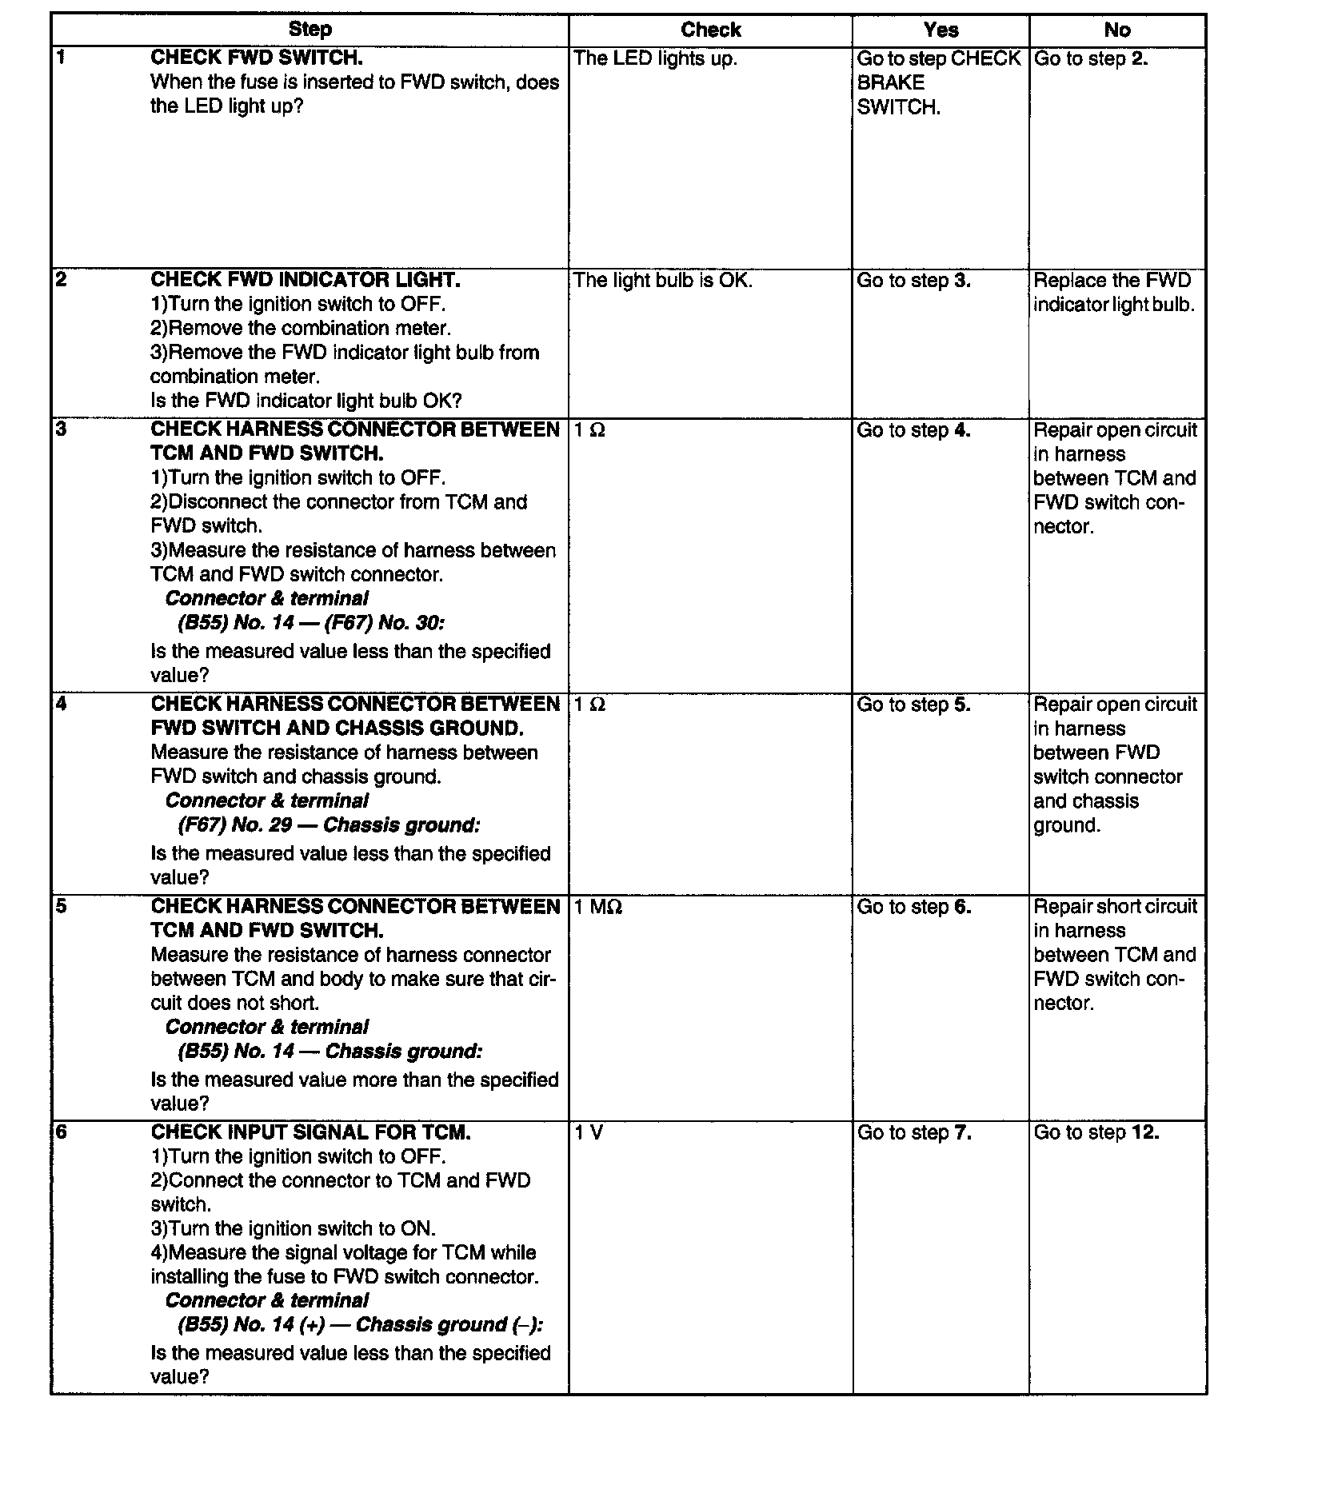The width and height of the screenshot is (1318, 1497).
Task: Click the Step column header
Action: (x=310, y=30)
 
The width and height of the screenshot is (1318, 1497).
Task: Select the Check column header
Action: (x=710, y=30)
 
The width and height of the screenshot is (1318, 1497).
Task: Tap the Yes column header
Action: (x=941, y=30)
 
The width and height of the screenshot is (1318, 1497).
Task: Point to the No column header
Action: (x=1116, y=30)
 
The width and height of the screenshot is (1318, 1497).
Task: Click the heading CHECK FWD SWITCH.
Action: (x=256, y=58)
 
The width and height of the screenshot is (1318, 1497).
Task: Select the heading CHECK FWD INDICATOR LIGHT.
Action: (x=305, y=280)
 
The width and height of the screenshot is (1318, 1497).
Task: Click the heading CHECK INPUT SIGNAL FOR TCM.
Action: (x=310, y=1132)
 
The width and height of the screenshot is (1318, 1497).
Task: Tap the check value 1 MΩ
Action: (x=598, y=907)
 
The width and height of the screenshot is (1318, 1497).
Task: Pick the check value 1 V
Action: (x=589, y=1133)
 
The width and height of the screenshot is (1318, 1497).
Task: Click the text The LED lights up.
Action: (x=655, y=58)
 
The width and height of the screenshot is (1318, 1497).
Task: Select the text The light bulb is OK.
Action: (x=663, y=281)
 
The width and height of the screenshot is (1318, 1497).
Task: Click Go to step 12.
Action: (x=1096, y=1133)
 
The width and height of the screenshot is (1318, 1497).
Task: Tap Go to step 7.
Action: (x=914, y=1133)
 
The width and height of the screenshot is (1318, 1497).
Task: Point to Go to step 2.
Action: (x=1090, y=58)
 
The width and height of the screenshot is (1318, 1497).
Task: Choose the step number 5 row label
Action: (x=62, y=907)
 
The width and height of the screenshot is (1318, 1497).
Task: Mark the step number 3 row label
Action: (x=62, y=430)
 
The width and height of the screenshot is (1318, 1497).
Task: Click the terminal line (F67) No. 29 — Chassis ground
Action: (x=329, y=825)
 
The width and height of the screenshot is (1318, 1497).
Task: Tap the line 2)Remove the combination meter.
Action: (x=301, y=329)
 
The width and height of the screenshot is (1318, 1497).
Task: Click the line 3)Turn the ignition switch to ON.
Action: (x=293, y=1229)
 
